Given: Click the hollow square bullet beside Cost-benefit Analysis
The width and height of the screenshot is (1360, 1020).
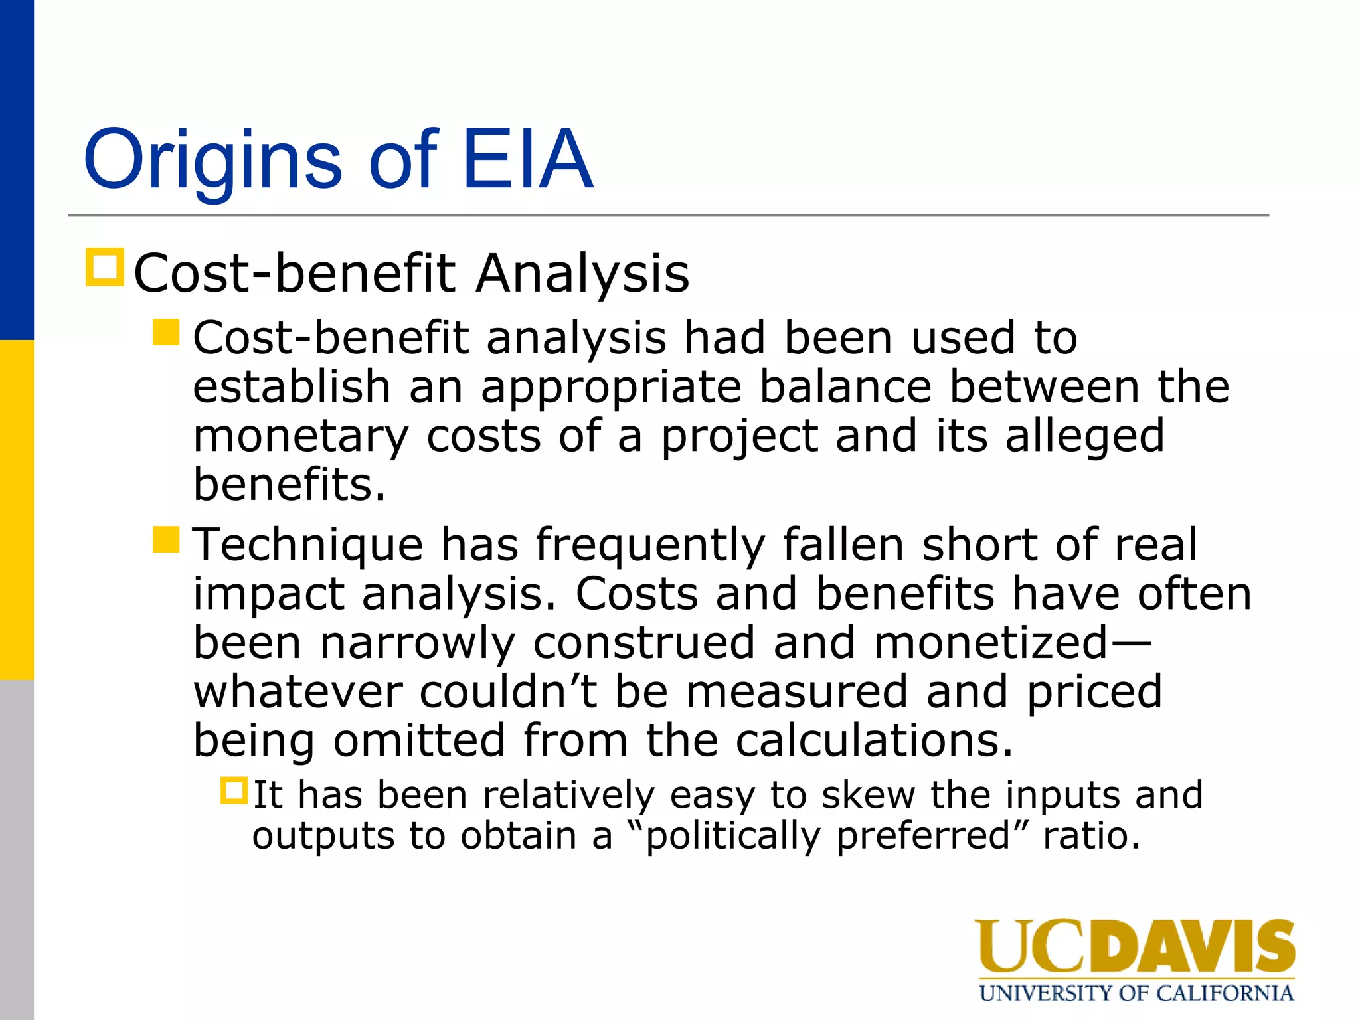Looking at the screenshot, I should (105, 267).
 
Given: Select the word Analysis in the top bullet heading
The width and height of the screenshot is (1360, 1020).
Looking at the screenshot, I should (583, 273).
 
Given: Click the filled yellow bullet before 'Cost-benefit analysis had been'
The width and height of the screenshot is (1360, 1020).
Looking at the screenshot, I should (166, 332).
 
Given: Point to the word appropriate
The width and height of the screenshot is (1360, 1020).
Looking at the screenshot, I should (611, 388).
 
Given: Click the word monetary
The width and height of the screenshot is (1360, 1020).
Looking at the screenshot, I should (301, 437).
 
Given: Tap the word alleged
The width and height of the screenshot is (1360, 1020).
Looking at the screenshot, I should (1084, 437).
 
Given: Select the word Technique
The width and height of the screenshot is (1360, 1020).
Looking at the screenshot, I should (308, 545).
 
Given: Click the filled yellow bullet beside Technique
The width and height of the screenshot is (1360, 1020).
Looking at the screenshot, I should (166, 539).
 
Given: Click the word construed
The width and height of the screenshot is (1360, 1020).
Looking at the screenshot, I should (644, 642).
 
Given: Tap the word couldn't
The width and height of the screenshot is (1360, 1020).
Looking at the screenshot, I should (509, 691).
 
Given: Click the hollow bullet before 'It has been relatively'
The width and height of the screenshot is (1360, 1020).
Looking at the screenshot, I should (234, 791).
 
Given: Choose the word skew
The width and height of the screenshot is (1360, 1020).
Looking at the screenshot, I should (868, 795).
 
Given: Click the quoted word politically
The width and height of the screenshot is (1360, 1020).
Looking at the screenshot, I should (733, 836).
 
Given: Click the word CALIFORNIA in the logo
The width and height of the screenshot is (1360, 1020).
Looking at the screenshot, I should (1225, 993).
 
